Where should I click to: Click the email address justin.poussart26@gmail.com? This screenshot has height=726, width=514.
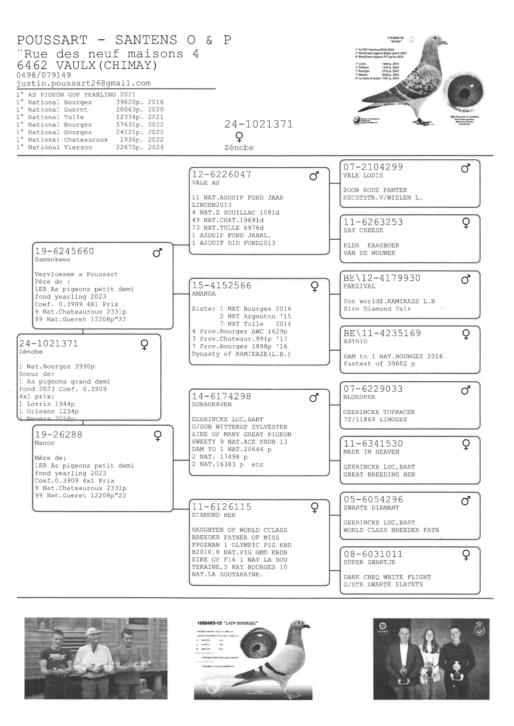tap(84, 83)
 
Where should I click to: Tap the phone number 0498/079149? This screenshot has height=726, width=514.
tap(44, 75)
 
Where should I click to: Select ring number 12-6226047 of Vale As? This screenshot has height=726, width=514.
tap(222, 175)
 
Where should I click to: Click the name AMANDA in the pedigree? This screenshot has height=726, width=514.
tap(204, 294)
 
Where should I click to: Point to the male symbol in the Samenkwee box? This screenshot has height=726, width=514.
tap(157, 253)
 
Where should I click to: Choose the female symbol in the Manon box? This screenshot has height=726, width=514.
tap(158, 436)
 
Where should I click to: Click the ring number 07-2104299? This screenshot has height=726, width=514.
tap(373, 167)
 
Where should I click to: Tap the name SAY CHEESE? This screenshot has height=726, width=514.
tap(363, 230)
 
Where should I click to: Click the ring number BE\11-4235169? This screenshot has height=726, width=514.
tap(382, 333)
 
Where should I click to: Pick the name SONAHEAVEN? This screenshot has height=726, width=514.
tap(211, 404)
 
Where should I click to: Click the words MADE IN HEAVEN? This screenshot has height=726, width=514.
tap(371, 452)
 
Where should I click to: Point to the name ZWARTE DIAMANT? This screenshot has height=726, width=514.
tap(371, 507)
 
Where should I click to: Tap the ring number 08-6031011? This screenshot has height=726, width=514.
tap(373, 554)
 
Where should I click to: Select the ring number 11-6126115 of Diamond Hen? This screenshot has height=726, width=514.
tap(222, 507)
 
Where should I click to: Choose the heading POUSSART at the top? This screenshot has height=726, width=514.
tap(52, 40)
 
